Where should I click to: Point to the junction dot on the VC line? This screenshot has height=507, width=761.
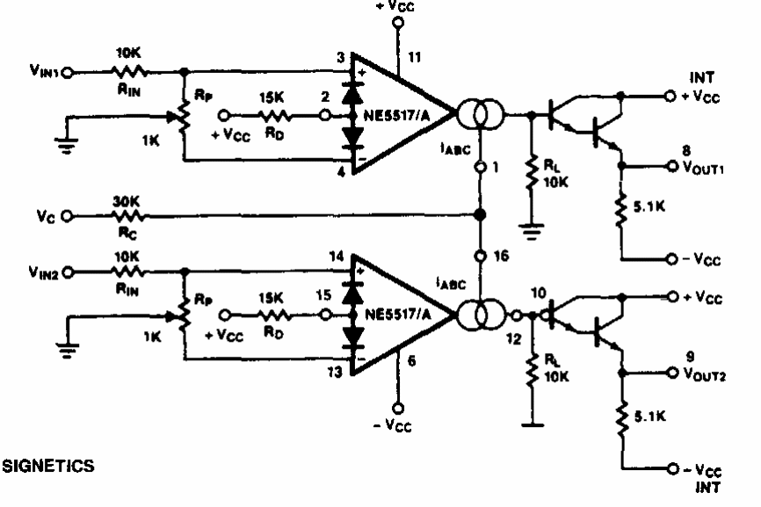click(x=479, y=214)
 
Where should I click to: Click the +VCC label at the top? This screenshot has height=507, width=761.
click(x=395, y=6)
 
